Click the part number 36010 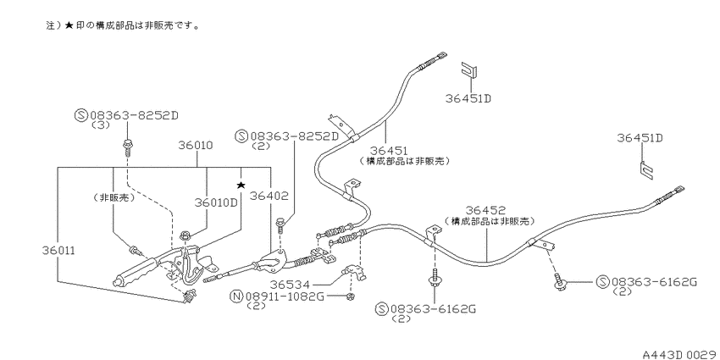(x=196, y=146)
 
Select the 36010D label (x=217, y=203)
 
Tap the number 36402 (x=269, y=196)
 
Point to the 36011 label (x=58, y=251)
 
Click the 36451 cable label (x=390, y=150)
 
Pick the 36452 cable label (x=485, y=210)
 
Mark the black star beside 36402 (x=241, y=185)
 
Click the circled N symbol (x=235, y=296)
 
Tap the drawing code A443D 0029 (x=680, y=354)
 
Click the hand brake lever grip (x=135, y=272)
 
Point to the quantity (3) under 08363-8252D (x=101, y=125)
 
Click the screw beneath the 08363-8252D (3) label (x=127, y=146)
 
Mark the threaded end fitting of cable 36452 (x=670, y=195)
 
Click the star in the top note (x=69, y=25)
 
